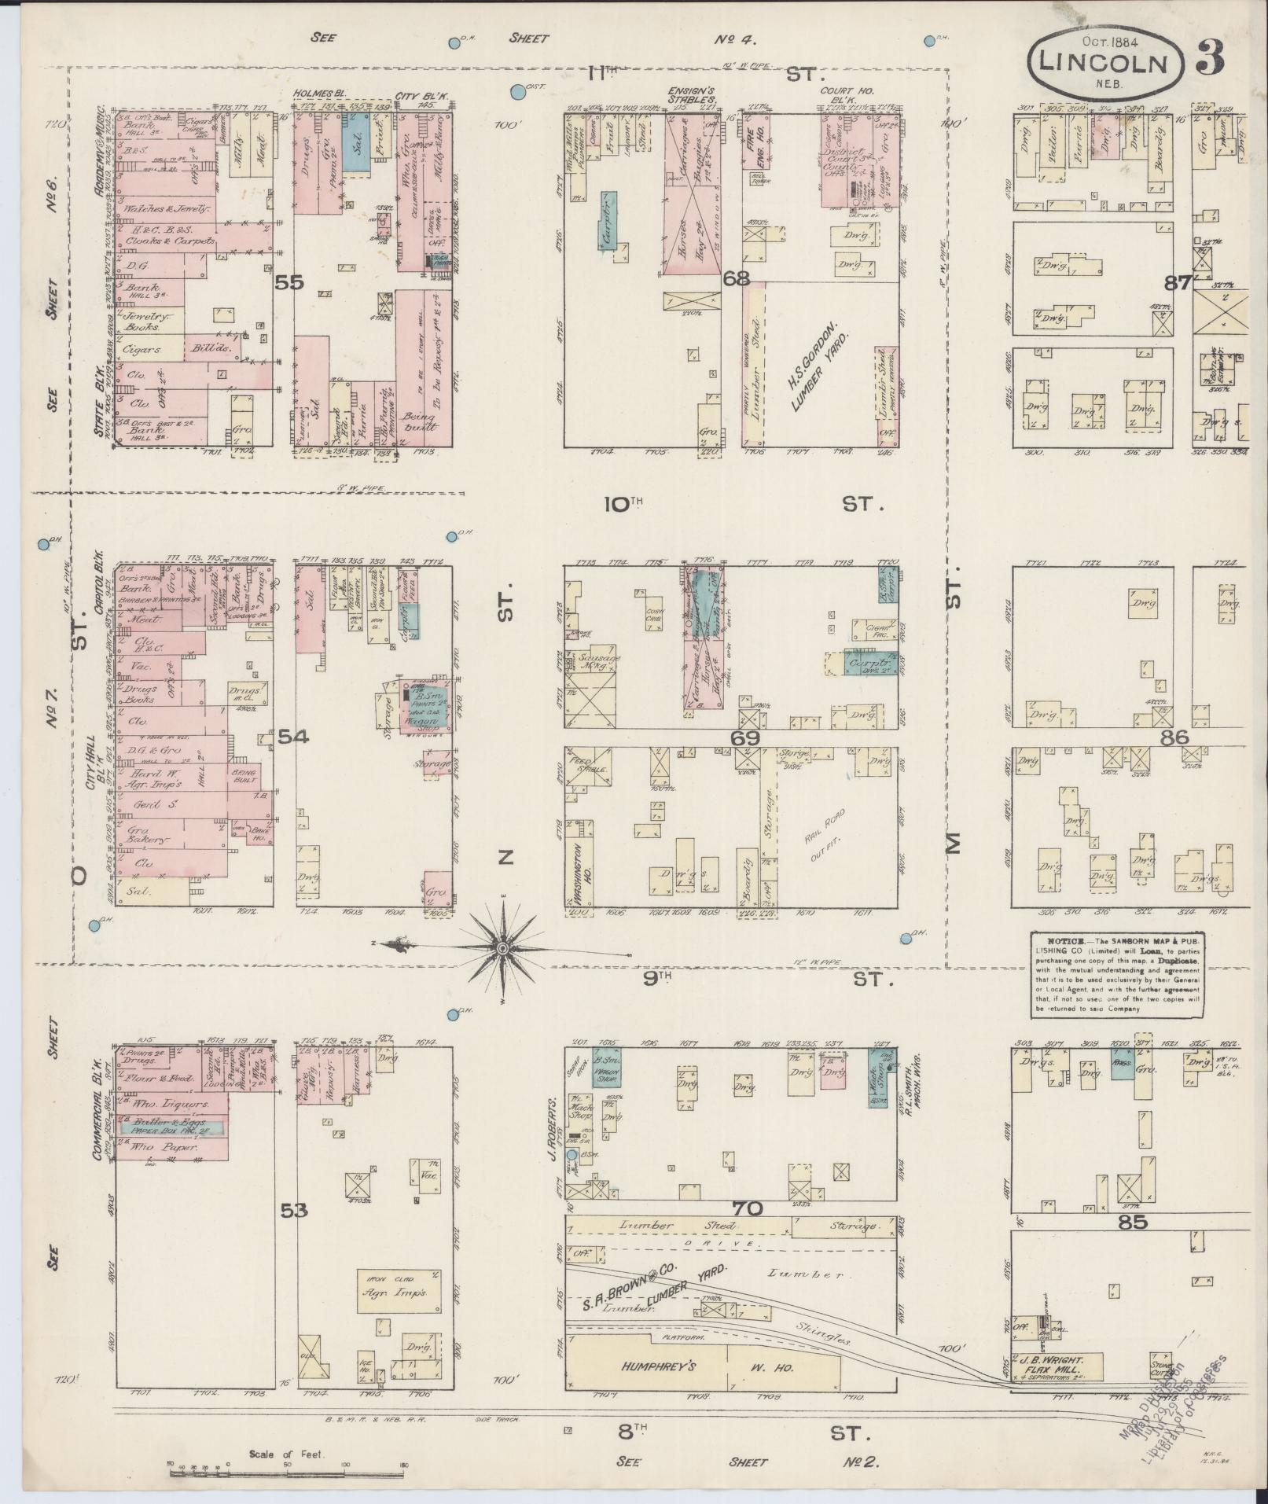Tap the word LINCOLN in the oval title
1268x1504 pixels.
coord(1103,63)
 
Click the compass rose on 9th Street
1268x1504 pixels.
coord(501,950)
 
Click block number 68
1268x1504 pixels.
coord(739,278)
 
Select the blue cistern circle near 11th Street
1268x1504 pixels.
coord(517,93)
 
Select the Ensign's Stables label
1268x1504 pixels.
coord(692,94)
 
